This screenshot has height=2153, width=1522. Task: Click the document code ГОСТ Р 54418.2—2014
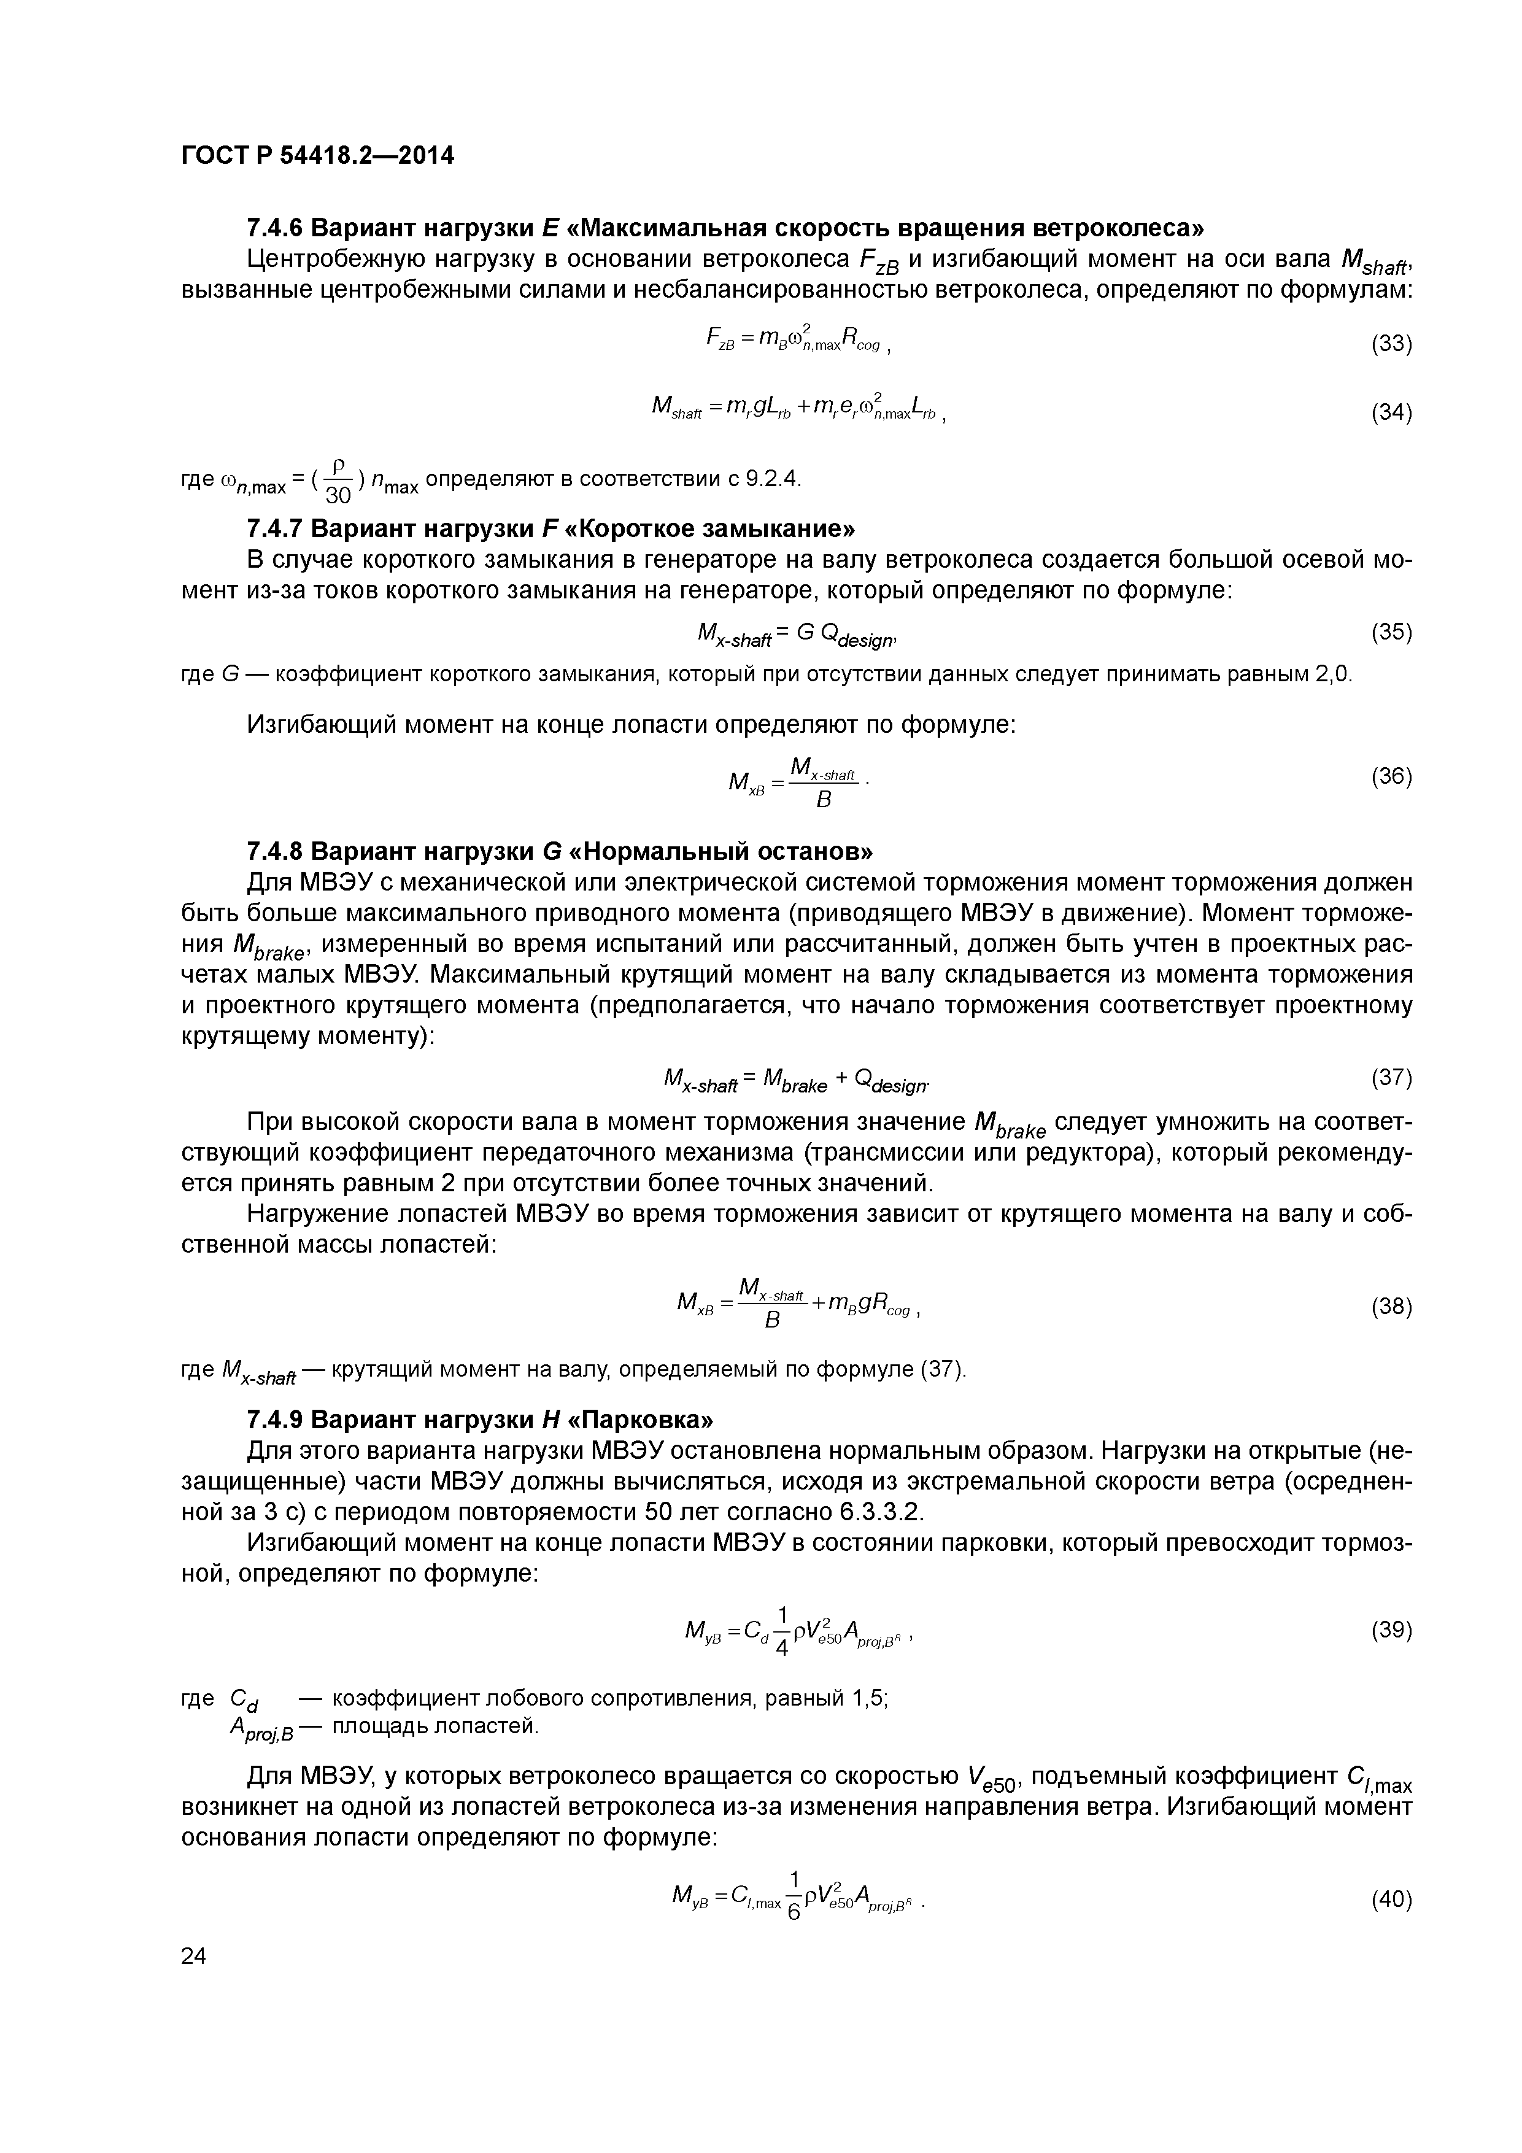[317, 156]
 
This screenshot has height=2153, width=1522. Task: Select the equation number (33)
[1391, 344]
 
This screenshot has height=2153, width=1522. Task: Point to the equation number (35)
[1391, 632]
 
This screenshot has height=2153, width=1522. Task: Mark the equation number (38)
[1391, 1306]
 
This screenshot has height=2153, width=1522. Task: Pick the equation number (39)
[1391, 1631]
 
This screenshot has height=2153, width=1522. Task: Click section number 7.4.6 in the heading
[274, 228]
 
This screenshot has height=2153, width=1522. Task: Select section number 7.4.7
[274, 529]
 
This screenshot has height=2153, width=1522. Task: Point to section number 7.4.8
[274, 851]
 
